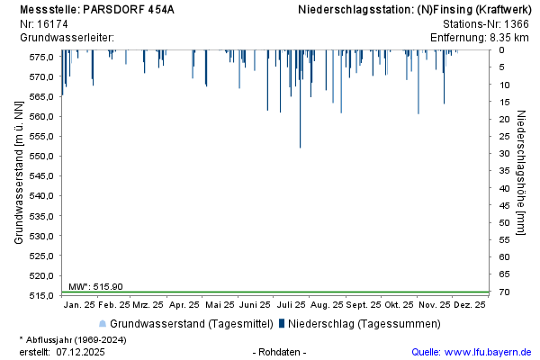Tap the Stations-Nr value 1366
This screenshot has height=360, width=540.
pos(516,23)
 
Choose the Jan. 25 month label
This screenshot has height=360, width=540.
pos(82,305)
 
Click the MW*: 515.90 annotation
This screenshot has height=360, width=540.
pos(95,286)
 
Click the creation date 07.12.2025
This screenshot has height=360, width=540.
pos(80,352)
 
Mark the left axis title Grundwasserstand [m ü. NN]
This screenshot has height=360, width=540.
pos(19,173)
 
